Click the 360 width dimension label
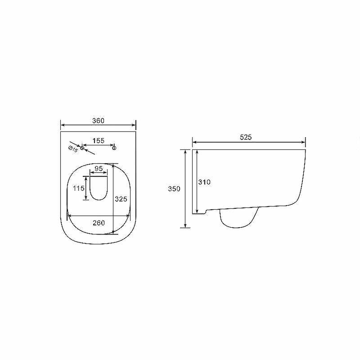tap(98, 121)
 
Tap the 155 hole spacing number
tap(98, 140)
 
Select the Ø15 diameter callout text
tap(73, 149)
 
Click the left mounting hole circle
tap(82, 148)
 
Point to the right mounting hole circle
tap(114, 148)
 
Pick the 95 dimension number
tap(99, 168)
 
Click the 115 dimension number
tap(79, 188)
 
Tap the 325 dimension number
tap(121, 199)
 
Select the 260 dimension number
tap(99, 223)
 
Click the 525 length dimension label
tap(246, 137)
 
